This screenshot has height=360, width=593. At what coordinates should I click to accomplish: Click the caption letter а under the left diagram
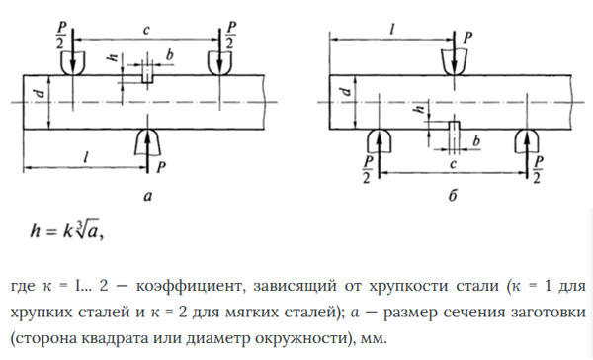pyautogui.click(x=148, y=197)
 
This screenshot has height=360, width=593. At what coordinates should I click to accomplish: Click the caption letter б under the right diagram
pyautogui.click(x=453, y=196)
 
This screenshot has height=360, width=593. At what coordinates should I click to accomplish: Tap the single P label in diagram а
pyautogui.click(x=161, y=166)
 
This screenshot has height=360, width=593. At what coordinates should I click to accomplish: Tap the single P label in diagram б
pyautogui.click(x=467, y=38)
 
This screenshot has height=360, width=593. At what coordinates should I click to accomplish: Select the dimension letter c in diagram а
pyautogui.click(x=146, y=31)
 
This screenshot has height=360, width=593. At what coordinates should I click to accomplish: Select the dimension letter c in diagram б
pyautogui.click(x=453, y=164)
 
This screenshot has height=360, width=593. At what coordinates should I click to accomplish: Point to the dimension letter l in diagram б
pyautogui.click(x=392, y=30)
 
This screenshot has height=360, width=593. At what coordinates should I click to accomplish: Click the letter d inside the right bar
pyautogui.click(x=346, y=91)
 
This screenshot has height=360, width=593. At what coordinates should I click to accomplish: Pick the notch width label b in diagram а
pyautogui.click(x=170, y=55)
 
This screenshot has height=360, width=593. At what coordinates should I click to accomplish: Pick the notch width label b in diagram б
pyautogui.click(x=476, y=141)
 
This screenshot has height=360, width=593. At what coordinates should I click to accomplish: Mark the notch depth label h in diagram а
pyautogui.click(x=113, y=57)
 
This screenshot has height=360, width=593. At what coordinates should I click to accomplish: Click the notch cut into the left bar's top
pyautogui.click(x=147, y=79)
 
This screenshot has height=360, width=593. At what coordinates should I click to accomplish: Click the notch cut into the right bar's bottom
pyautogui.click(x=454, y=126)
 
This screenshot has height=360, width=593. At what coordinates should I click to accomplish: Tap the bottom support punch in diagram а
pyautogui.click(x=147, y=142)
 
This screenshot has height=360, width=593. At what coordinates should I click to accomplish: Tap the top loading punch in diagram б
pyautogui.click(x=455, y=62)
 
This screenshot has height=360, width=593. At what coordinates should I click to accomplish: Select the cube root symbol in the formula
pyautogui.click(x=87, y=227)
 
